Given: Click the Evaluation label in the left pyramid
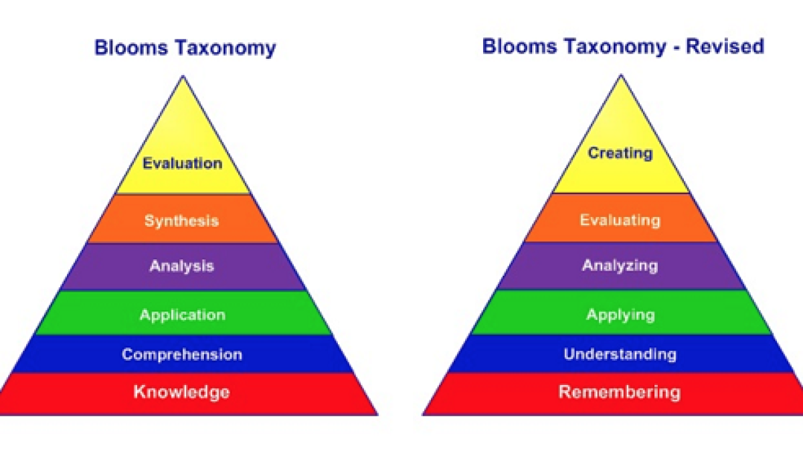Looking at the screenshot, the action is [x=183, y=163].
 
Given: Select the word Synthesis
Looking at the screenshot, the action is [x=182, y=220].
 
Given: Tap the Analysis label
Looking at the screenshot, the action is [x=182, y=267].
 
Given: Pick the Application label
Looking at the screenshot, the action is [x=183, y=315].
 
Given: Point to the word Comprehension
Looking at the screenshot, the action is [x=182, y=355].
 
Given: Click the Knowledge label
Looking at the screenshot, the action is [x=182, y=392].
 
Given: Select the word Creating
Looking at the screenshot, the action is [x=620, y=153].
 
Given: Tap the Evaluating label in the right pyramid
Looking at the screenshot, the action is [x=620, y=220].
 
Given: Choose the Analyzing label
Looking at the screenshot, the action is [x=620, y=266].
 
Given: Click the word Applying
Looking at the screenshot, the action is [x=620, y=315].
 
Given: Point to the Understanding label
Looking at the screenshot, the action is [x=620, y=354].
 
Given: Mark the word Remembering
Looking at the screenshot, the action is [x=620, y=392].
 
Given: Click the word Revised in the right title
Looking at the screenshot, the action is [x=725, y=47].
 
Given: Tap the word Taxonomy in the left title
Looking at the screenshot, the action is [x=226, y=48].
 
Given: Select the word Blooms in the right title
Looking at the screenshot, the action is [x=519, y=47].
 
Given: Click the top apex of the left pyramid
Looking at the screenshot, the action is [x=183, y=76].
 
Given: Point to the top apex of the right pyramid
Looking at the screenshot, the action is [x=621, y=75].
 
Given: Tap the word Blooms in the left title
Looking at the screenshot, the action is [x=131, y=48].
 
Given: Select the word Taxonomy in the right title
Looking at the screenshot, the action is [x=615, y=48].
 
